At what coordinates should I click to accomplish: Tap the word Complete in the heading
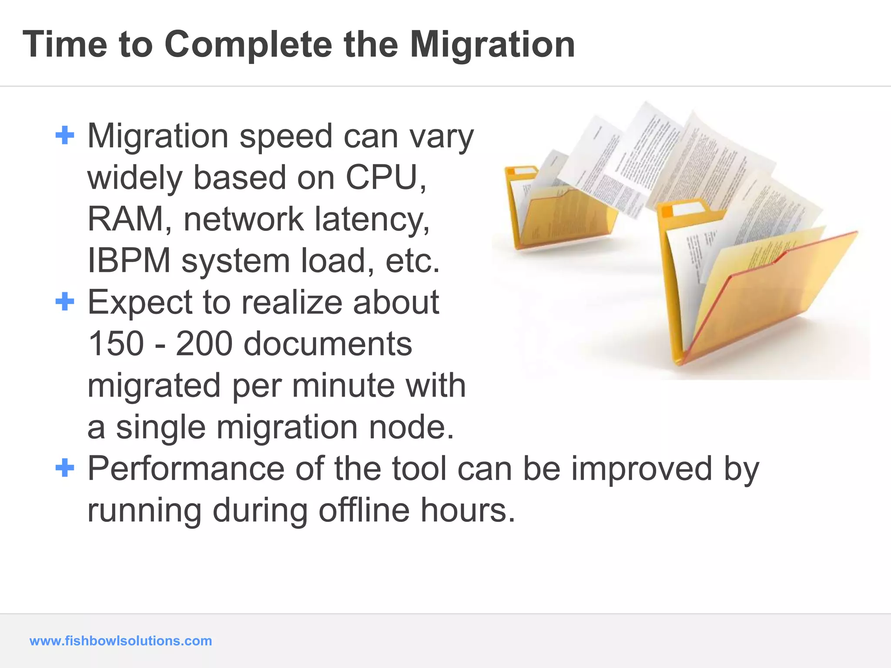(248, 45)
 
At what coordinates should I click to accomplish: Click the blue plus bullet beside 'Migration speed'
(65, 135)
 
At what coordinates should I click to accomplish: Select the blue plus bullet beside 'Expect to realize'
(65, 301)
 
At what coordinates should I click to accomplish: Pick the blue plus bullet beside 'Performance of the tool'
(65, 468)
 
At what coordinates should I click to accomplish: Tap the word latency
(372, 219)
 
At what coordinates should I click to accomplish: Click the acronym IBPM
(129, 261)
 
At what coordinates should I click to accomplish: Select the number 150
(116, 344)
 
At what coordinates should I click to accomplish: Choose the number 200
(204, 344)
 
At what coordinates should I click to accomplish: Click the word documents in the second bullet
(328, 344)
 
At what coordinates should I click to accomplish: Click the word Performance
(186, 469)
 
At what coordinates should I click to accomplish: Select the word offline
(364, 510)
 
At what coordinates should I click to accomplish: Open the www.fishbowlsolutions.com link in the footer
(121, 641)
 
